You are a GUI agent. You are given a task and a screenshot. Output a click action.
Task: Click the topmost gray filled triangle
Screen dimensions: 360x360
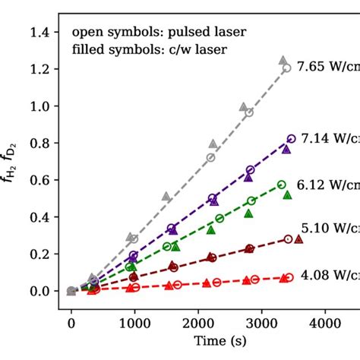coord(283,59)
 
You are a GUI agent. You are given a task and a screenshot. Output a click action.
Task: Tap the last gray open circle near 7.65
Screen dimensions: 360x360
coord(286,68)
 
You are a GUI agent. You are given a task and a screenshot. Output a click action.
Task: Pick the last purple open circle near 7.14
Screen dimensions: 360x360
coord(291,139)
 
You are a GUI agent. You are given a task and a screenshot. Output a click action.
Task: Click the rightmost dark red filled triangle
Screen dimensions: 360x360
coord(298,239)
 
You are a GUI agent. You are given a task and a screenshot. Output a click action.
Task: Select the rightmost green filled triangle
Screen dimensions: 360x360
coord(287,195)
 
